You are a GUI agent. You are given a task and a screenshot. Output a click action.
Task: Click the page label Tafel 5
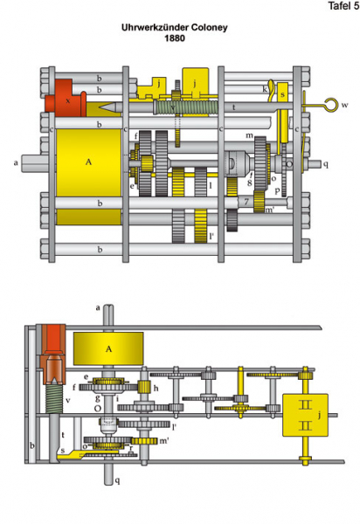coord(343,6)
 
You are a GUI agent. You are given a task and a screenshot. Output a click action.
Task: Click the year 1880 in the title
coord(175,38)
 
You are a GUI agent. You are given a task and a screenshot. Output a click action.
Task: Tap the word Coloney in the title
coord(209,27)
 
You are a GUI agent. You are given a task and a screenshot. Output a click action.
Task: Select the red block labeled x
coord(66,98)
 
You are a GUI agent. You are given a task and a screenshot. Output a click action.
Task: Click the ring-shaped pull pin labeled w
coord(332,105)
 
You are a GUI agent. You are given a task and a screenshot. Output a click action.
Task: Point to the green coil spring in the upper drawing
coord(186,107)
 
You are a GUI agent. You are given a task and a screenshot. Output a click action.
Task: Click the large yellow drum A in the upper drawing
coord(88,162)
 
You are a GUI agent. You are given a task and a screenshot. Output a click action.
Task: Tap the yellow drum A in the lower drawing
coord(108,348)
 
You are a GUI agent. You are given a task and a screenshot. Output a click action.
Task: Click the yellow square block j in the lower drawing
coord(305,415)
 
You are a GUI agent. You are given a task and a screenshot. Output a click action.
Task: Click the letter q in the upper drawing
coord(326,164)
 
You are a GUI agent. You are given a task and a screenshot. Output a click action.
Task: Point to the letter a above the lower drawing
coord(98,307)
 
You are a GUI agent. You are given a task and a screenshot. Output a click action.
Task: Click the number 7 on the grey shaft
coord(246,202)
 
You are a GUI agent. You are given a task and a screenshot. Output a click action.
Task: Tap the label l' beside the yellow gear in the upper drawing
coord(211,237)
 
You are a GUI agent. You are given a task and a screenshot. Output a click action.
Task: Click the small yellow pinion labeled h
coord(144,387)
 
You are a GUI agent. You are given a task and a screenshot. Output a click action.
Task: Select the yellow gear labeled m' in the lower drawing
coord(144,441)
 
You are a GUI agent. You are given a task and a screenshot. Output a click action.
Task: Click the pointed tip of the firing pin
coord(100,107)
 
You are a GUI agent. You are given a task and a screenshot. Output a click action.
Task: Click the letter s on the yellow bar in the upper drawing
coord(282,94)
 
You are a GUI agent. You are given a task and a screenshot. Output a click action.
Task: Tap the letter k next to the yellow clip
coord(265,89)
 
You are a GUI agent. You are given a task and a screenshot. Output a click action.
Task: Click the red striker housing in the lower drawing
coord(52,355)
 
